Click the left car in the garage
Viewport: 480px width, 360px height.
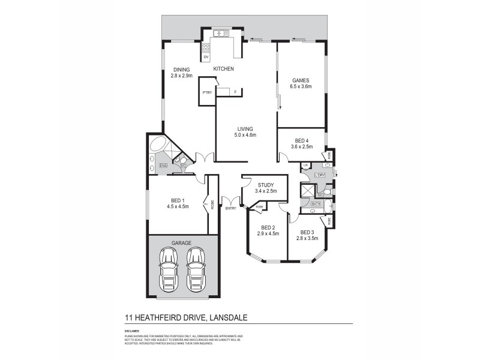(x=168, y=269)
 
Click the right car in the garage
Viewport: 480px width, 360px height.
(x=196, y=269)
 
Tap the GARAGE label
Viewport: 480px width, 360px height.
(x=181, y=243)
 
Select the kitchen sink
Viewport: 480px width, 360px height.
(x=219, y=32)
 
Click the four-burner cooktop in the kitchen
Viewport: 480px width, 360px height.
(x=206, y=46)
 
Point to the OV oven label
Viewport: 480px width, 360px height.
(x=206, y=57)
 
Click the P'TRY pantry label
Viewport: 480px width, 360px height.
(x=207, y=92)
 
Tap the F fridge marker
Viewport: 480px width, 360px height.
(x=235, y=92)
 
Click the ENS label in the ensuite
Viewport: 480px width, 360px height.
(x=163, y=165)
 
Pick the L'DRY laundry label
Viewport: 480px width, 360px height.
(x=320, y=175)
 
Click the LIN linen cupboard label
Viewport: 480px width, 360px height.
(x=305, y=165)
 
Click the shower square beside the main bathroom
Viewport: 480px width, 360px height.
(x=308, y=191)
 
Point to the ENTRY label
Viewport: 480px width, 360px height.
(x=231, y=208)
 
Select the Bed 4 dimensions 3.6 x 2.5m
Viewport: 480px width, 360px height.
(x=302, y=146)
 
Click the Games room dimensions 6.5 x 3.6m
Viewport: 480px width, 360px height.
(x=301, y=87)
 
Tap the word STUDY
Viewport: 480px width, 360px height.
(x=266, y=185)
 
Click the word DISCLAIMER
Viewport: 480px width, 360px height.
(x=132, y=331)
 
